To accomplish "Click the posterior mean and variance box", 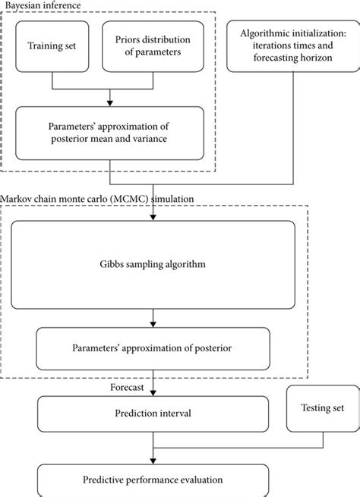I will click(110, 133).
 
